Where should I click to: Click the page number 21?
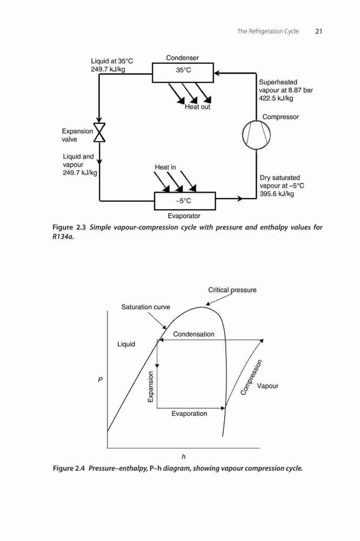point(318,31)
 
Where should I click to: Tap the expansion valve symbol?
point(99,132)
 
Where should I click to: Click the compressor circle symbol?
point(256,135)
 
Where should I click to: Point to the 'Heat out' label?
point(197,107)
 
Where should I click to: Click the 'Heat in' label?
point(165,167)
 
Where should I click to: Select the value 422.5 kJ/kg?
point(276,98)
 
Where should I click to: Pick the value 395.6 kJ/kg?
point(277,194)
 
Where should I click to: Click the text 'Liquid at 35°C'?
point(112,61)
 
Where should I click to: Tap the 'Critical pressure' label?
point(232,290)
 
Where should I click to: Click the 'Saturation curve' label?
point(145,307)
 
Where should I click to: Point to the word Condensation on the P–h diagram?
point(194,334)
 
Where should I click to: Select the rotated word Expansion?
point(151,387)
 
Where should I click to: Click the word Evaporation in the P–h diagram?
point(189,414)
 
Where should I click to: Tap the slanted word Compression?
point(251,377)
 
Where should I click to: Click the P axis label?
point(101,380)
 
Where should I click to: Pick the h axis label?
point(183,457)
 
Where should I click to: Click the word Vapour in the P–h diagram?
point(268,386)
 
